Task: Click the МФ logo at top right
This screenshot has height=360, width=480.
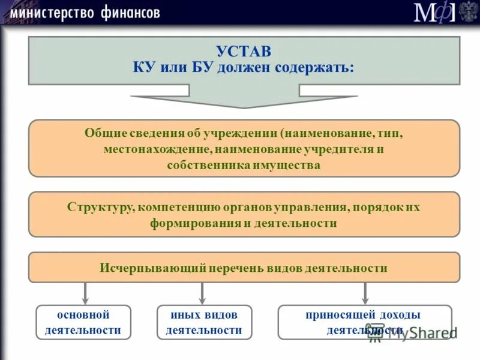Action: [433, 13]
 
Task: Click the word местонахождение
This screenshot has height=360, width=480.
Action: [155, 149]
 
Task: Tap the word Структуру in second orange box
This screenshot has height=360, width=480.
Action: [100, 208]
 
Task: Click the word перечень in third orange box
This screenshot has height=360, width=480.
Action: [237, 268]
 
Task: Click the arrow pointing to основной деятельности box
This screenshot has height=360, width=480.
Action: [85, 293]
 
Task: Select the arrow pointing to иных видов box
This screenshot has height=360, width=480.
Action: [202, 293]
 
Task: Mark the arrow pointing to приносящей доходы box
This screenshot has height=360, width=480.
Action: [365, 293]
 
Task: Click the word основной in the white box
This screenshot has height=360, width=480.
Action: [83, 314]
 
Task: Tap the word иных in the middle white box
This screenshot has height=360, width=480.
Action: [182, 314]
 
